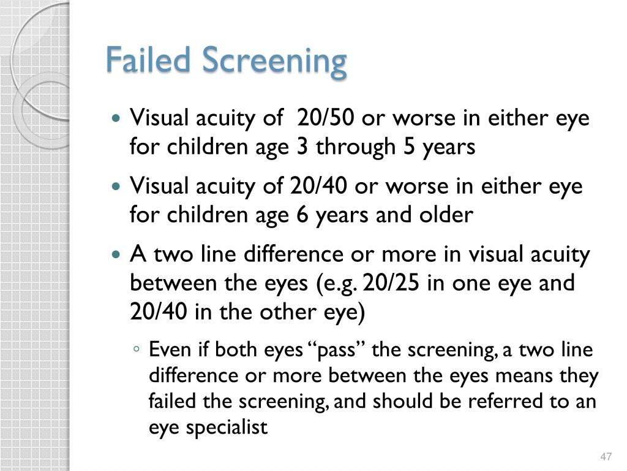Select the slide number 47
click(606, 457)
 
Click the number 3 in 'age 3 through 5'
click(292, 147)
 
